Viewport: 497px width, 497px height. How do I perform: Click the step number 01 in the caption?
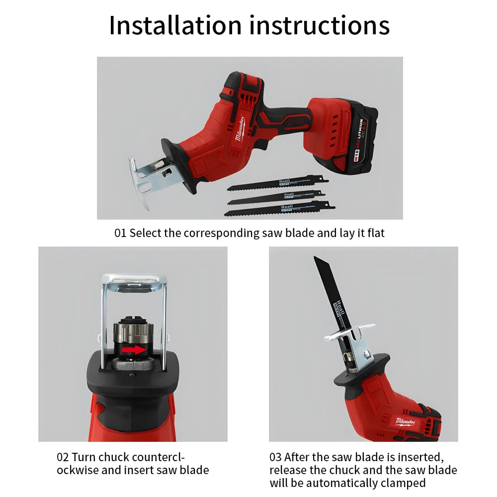pyautogui.click(x=120, y=233)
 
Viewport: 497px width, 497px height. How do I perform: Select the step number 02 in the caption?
pyautogui.click(x=63, y=457)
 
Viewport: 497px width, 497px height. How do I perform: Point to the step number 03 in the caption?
pyautogui.click(x=276, y=457)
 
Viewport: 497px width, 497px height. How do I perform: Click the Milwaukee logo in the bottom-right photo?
pyautogui.click(x=407, y=421)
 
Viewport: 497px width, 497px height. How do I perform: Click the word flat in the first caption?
pyautogui.click(x=376, y=233)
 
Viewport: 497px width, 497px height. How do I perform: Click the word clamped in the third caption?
pyautogui.click(x=403, y=483)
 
